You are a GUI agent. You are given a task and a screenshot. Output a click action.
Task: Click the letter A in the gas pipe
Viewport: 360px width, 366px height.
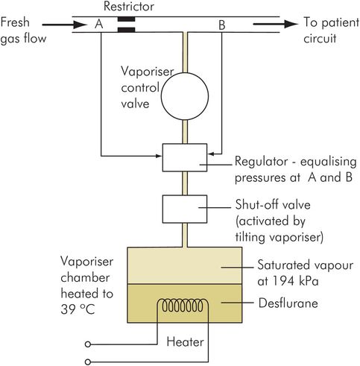click(x=99, y=25)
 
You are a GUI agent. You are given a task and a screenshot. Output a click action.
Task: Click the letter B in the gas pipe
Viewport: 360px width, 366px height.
click(x=222, y=25)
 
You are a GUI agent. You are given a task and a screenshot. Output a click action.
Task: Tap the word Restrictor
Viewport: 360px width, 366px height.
click(x=129, y=7)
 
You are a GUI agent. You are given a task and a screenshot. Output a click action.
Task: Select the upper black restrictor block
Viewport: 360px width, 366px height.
click(x=127, y=19)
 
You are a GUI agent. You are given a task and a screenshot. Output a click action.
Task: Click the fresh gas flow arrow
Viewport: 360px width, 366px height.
click(x=65, y=25)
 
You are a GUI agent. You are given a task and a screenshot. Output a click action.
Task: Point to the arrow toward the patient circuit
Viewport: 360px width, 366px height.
click(x=275, y=24)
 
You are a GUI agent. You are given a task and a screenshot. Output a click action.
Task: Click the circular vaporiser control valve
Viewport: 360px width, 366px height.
click(x=185, y=96)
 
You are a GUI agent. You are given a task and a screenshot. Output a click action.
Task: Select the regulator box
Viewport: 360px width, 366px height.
click(x=185, y=157)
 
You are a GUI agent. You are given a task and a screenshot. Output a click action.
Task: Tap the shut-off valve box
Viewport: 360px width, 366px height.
click(x=185, y=209)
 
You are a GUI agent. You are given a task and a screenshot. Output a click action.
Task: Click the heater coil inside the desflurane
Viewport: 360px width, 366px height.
click(x=183, y=306)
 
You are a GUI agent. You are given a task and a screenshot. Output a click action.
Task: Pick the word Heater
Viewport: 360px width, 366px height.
click(x=185, y=341)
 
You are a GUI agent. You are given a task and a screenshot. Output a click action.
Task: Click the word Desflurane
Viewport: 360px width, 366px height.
click(x=288, y=303)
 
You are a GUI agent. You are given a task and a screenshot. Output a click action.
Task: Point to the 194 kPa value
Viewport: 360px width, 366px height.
click(x=295, y=281)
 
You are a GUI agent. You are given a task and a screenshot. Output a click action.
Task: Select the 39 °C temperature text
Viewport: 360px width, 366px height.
click(x=78, y=309)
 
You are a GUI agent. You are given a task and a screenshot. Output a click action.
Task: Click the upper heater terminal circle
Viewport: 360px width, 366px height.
click(x=87, y=344)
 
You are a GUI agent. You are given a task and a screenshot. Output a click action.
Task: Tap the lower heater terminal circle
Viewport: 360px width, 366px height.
click(x=87, y=362)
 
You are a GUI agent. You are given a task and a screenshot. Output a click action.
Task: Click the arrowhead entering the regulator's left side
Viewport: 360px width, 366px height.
click(x=159, y=156)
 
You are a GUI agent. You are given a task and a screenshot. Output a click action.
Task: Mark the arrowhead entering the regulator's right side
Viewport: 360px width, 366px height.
click(x=211, y=154)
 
